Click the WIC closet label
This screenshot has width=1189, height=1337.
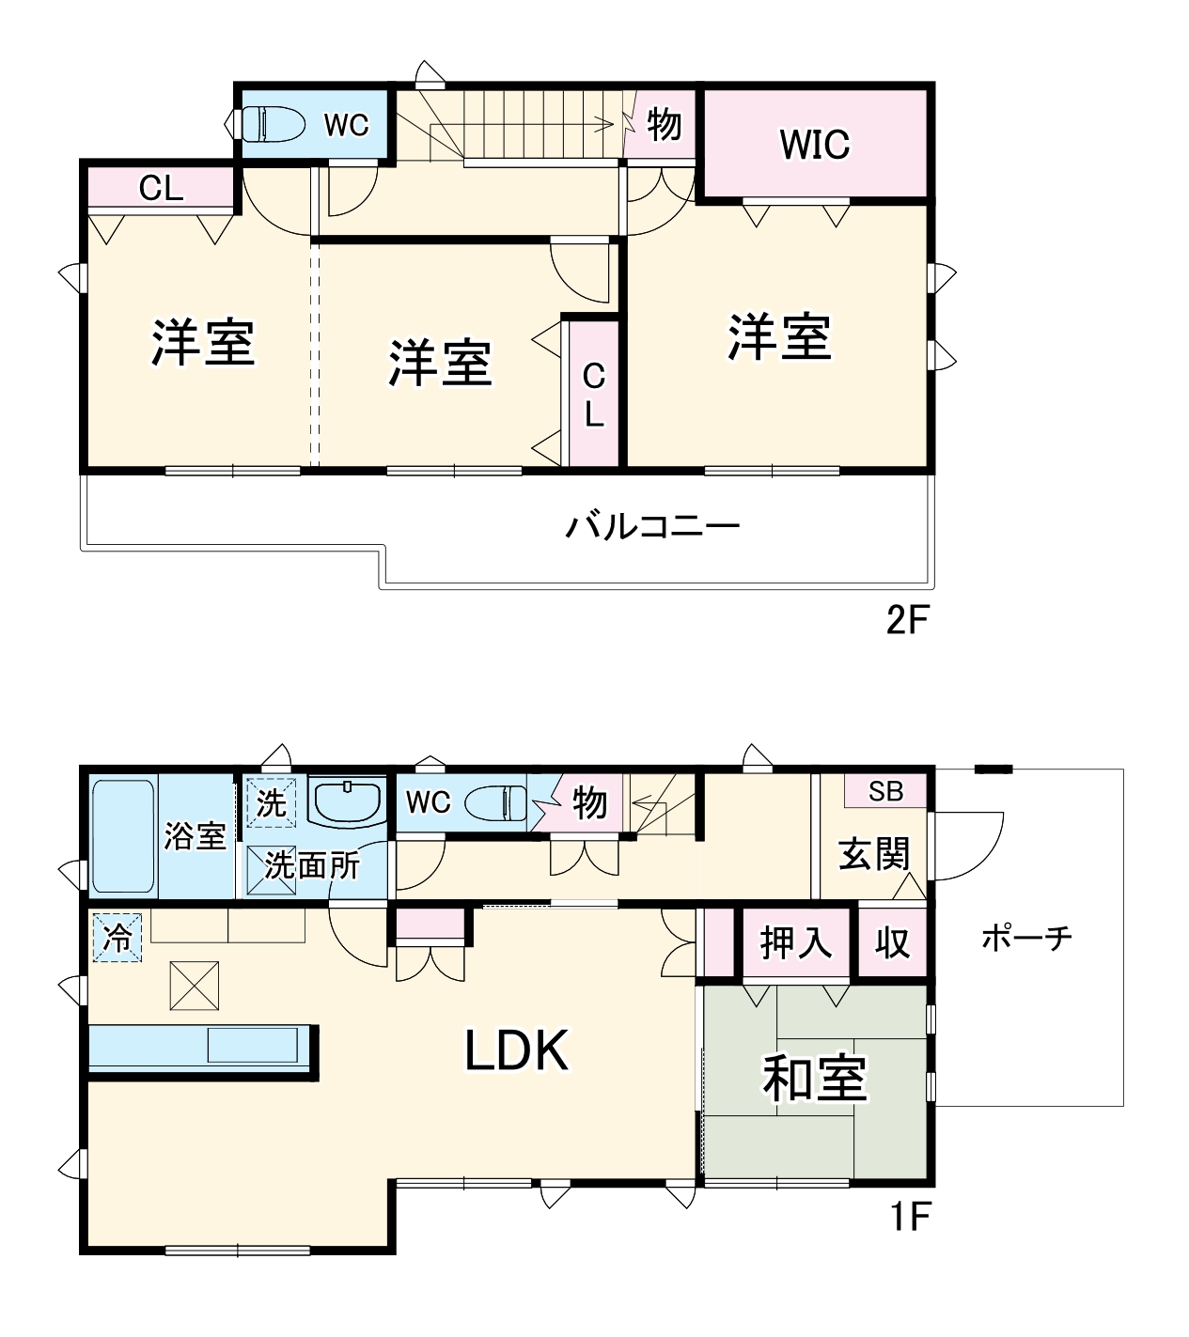(814, 145)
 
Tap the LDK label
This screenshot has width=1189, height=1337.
(517, 1050)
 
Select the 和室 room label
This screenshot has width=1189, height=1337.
(814, 1078)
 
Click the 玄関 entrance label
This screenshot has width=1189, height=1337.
(874, 854)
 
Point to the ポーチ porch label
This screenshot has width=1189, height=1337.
(1026, 938)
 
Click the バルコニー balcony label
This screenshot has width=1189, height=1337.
(652, 525)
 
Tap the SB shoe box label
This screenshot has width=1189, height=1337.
(884, 791)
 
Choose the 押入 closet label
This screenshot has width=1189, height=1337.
(795, 942)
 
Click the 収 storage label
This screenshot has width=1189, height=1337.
(892, 942)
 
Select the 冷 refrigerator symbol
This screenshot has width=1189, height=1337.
(117, 938)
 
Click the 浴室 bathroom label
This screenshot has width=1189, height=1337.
(195, 835)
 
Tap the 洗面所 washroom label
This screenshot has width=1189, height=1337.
(312, 864)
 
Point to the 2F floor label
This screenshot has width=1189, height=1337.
(908, 621)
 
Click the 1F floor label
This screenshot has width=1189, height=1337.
(910, 1218)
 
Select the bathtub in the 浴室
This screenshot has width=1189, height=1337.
(123, 835)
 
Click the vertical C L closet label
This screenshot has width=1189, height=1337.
(593, 395)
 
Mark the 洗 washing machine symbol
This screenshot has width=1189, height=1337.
(271, 803)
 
